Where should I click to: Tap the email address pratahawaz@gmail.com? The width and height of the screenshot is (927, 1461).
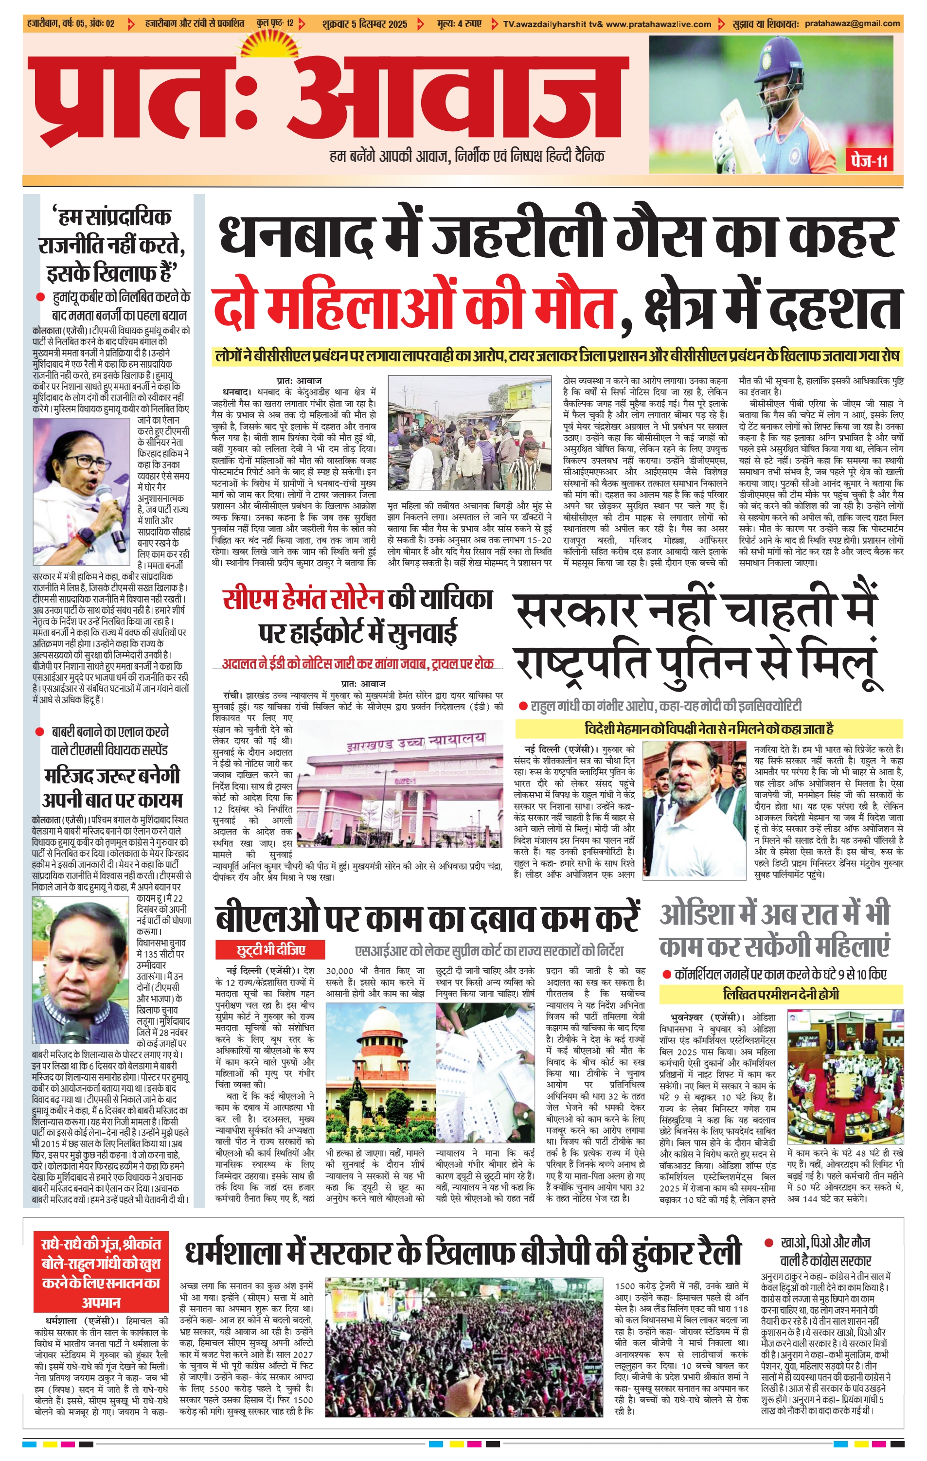[x=853, y=24]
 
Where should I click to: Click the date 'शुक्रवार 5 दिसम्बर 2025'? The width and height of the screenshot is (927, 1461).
[x=365, y=24]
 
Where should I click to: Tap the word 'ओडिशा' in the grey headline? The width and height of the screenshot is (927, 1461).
[x=701, y=915]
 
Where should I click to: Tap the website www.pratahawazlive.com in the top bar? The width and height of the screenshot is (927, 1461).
[x=658, y=24]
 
